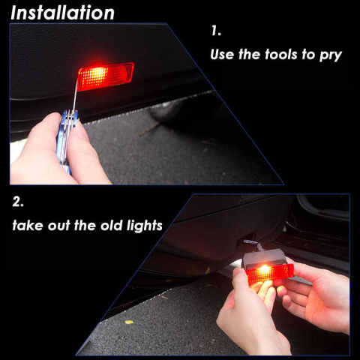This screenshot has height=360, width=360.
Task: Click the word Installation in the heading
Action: (62, 13)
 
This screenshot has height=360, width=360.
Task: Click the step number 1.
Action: (216, 32)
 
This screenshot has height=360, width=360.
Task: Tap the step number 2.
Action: (19, 202)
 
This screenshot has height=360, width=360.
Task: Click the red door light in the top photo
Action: (105, 75)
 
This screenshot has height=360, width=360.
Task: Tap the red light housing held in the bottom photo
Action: (268, 272)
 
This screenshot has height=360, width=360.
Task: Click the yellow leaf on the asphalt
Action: (128, 322)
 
